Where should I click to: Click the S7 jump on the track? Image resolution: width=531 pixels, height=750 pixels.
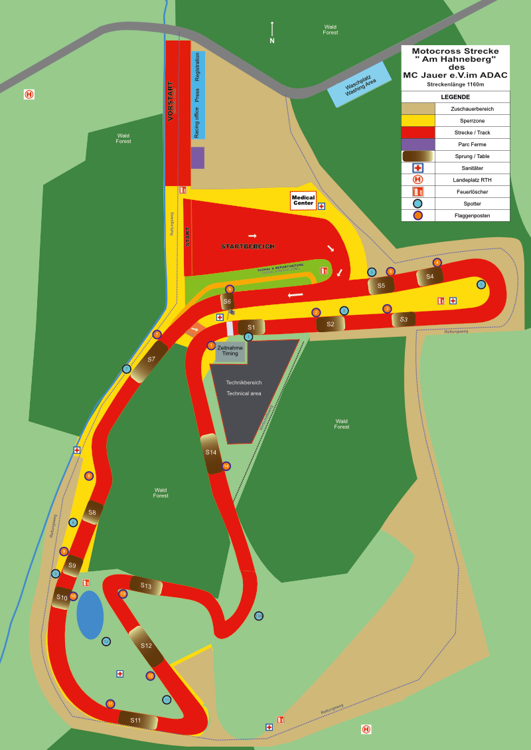pyautogui.click(x=149, y=361)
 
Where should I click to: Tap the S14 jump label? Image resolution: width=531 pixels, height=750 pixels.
pyautogui.click(x=211, y=452)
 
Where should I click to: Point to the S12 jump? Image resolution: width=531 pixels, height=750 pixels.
pyautogui.click(x=147, y=646)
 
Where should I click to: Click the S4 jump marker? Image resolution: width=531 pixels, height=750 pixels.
pyautogui.click(x=429, y=276)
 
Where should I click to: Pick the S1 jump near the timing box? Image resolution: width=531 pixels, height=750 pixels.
pyautogui.click(x=251, y=327)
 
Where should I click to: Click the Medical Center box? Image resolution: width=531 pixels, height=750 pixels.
pyautogui.click(x=303, y=201)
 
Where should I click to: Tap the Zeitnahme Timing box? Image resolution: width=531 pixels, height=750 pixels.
pyautogui.click(x=230, y=351)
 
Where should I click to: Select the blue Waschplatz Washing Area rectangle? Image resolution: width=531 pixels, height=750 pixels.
pyautogui.click(x=360, y=85)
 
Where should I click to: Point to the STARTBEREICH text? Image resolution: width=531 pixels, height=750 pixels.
pyautogui.click(x=248, y=246)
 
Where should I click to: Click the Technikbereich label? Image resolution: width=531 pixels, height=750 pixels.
pyautogui.click(x=244, y=383)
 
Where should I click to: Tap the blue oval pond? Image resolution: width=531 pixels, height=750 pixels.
pyautogui.click(x=90, y=614)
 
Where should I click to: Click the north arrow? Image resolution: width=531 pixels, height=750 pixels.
pyautogui.click(x=272, y=30)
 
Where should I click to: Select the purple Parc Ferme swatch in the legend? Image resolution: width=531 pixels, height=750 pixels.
pyautogui.click(x=417, y=144)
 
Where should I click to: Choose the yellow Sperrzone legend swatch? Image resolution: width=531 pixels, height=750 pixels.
pyautogui.click(x=417, y=120)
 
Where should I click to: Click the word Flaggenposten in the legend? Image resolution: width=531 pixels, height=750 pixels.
pyautogui.click(x=473, y=215)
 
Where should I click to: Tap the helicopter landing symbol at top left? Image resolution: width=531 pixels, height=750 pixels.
pyautogui.click(x=29, y=94)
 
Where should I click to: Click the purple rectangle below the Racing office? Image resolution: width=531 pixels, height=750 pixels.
pyautogui.click(x=198, y=157)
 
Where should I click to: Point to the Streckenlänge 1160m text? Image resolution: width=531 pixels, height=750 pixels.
pyautogui.click(x=455, y=85)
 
